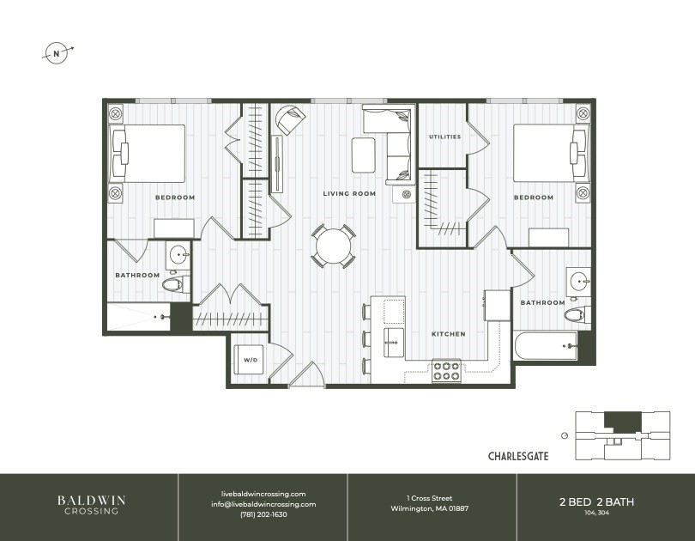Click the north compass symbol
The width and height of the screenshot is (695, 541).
[x=57, y=53]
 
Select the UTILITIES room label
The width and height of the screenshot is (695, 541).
[x=444, y=137]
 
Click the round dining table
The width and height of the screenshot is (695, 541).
[x=334, y=247]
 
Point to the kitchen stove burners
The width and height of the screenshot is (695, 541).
[x=445, y=371]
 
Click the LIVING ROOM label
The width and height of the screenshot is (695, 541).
[x=349, y=194]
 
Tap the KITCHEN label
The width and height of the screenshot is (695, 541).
[x=448, y=334]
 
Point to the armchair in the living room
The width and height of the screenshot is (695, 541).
[x=288, y=119]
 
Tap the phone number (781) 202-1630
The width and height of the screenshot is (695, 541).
[x=263, y=514]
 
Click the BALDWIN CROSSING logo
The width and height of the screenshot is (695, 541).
[x=89, y=505]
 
